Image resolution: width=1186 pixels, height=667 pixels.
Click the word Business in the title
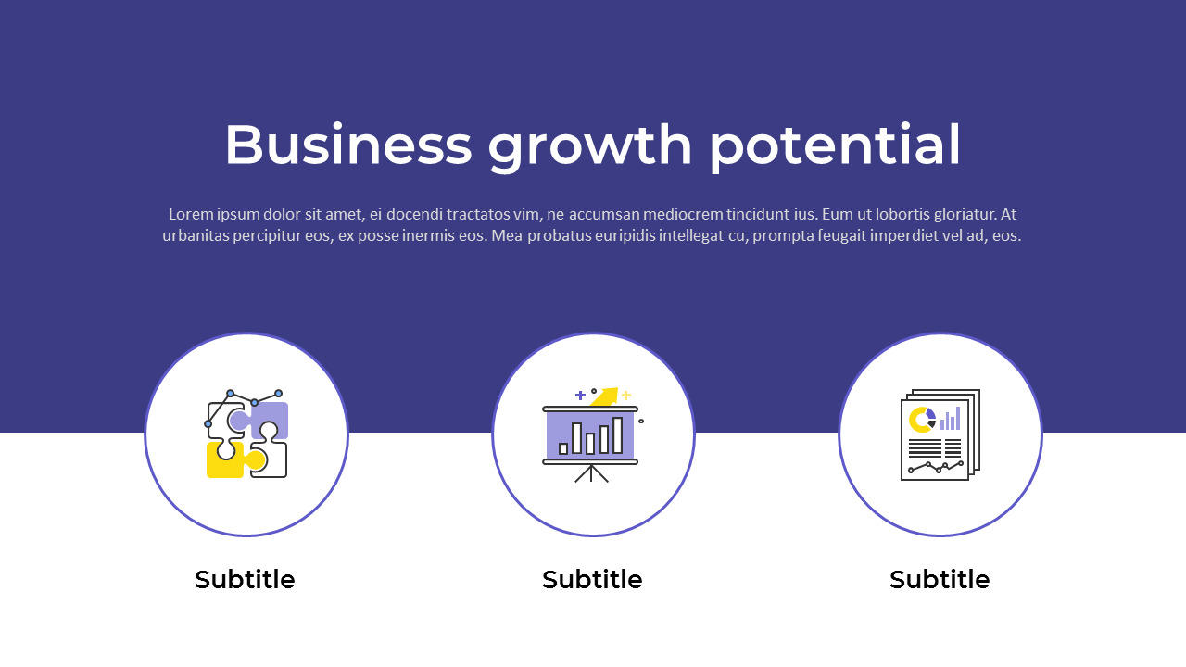[347, 145]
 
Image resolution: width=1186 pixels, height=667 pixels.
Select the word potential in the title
[835, 145]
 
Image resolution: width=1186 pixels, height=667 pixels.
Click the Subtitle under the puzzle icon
[245, 580]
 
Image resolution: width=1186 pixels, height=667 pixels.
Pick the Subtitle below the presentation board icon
[592, 580]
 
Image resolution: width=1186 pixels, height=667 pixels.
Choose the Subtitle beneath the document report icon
[940, 580]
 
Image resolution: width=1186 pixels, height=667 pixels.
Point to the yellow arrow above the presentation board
[604, 396]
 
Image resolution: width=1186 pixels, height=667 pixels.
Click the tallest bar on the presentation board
[618, 434]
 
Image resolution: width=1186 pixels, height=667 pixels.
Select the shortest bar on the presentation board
[563, 448]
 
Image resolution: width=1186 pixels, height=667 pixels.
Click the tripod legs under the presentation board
[591, 473]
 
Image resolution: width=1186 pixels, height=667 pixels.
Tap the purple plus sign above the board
[580, 396]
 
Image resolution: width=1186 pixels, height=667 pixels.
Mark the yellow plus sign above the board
[626, 396]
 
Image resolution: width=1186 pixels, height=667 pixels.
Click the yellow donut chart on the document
[921, 420]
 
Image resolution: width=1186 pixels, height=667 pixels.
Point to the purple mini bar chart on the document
[950, 420]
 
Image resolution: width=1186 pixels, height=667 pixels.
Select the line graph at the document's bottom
[935, 466]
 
